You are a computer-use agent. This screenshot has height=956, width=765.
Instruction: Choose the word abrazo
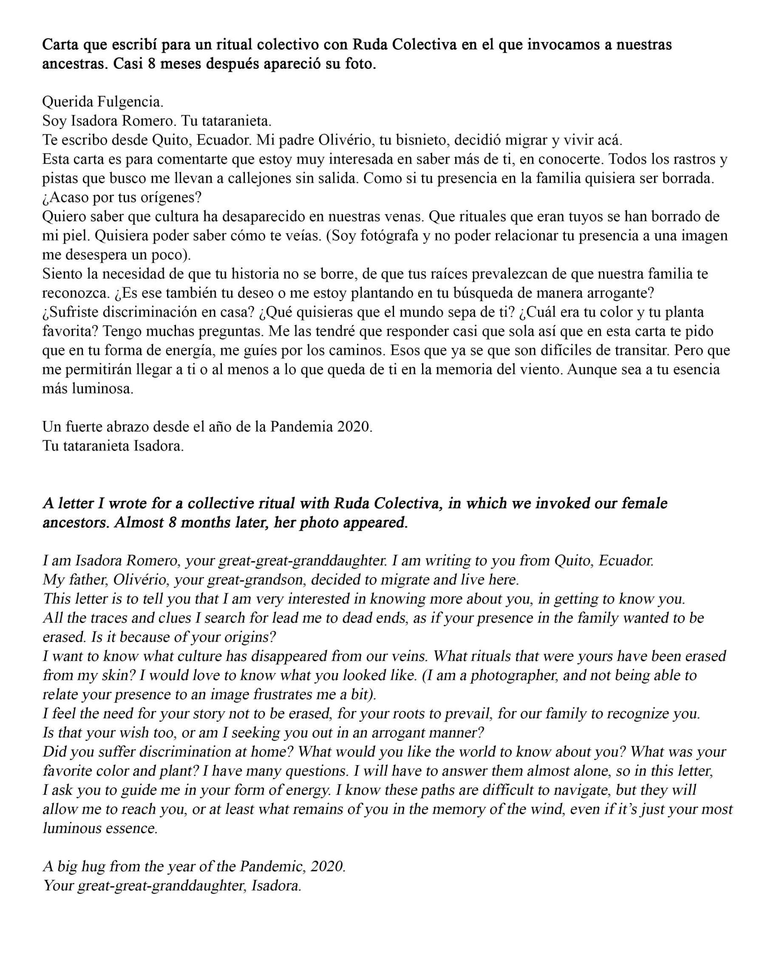120,427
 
